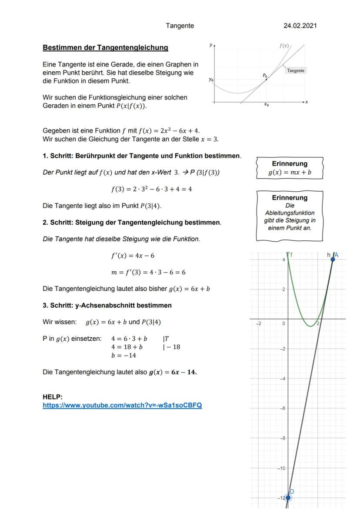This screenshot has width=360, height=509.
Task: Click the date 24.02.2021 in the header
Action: (300, 26)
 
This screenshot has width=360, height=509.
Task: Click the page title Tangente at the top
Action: (180, 26)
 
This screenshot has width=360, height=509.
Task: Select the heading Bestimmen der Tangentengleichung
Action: (105, 47)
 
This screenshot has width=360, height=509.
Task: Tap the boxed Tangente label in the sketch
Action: (296, 70)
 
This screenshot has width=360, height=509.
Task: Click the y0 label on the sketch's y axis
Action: (211, 80)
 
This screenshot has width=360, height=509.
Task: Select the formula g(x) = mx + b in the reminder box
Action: (290, 172)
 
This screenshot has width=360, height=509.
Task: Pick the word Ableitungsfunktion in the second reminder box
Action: (290, 213)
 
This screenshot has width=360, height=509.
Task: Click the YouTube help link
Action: (122, 405)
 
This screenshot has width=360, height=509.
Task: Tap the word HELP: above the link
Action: (53, 397)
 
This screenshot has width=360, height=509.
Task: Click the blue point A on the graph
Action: (333, 259)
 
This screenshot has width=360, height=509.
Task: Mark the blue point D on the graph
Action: (288, 497)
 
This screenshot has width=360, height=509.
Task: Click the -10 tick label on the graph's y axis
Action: (281, 468)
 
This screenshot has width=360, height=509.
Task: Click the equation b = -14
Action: (124, 355)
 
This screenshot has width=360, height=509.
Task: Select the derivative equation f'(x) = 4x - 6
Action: (133, 256)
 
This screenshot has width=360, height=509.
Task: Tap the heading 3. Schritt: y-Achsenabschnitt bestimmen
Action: (107, 305)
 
